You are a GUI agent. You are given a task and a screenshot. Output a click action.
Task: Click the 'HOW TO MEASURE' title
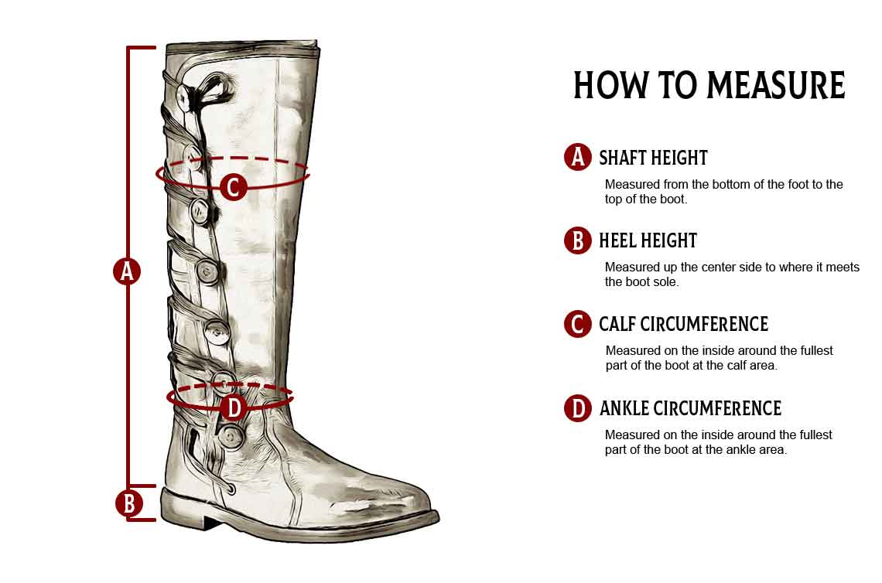point(709,86)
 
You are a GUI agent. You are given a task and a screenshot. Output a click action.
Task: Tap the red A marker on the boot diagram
point(127,271)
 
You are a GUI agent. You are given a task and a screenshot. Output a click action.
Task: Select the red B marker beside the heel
point(128,503)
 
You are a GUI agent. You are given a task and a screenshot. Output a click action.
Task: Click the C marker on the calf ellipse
point(233,186)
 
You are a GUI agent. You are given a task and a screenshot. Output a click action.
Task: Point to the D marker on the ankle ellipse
point(234,407)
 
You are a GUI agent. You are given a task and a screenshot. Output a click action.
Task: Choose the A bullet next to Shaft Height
point(578,157)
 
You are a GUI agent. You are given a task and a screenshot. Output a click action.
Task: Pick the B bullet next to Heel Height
point(578,240)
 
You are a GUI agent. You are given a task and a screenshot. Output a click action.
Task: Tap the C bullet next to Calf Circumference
point(578,324)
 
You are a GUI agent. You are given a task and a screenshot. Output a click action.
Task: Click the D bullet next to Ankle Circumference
point(578,408)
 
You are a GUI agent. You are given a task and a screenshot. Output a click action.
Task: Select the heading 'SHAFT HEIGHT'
point(653,158)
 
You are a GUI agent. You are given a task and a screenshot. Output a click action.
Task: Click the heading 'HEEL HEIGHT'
point(648,240)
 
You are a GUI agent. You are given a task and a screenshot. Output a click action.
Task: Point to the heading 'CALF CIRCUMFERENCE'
point(683,325)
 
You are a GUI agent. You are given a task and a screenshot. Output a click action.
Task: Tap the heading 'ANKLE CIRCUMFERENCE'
point(691,408)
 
